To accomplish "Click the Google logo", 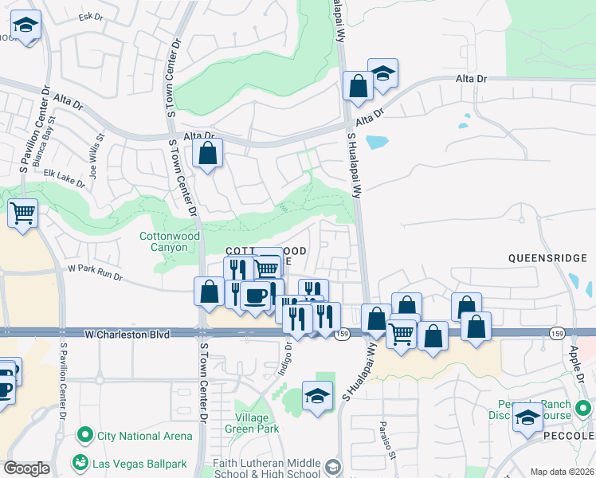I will click(26, 469).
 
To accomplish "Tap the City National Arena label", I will click(143, 436).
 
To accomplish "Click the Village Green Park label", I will click(257, 423).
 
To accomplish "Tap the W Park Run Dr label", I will click(95, 274).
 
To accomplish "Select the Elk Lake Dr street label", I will click(65, 177).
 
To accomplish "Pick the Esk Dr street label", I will click(92, 17).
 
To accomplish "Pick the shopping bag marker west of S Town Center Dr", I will click(209, 291).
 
